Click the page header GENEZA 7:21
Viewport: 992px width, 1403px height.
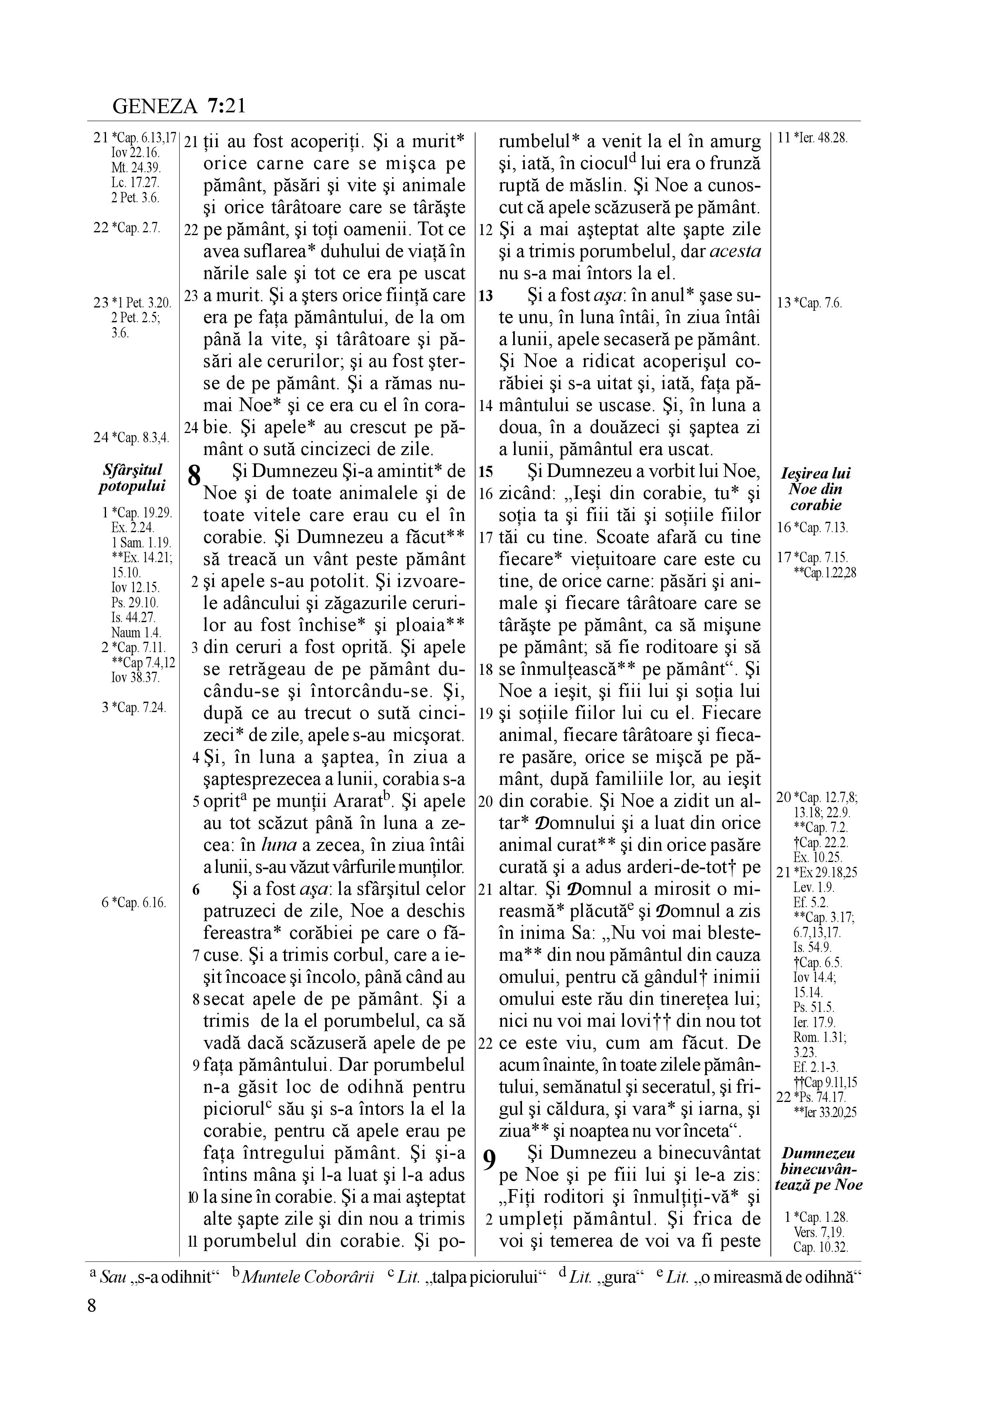pyautogui.click(x=179, y=106)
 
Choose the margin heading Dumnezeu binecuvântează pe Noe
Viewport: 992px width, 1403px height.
pyautogui.click(x=818, y=1169)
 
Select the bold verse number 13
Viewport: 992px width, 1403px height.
pyautogui.click(x=486, y=296)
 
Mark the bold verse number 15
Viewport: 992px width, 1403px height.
pyautogui.click(x=486, y=472)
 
